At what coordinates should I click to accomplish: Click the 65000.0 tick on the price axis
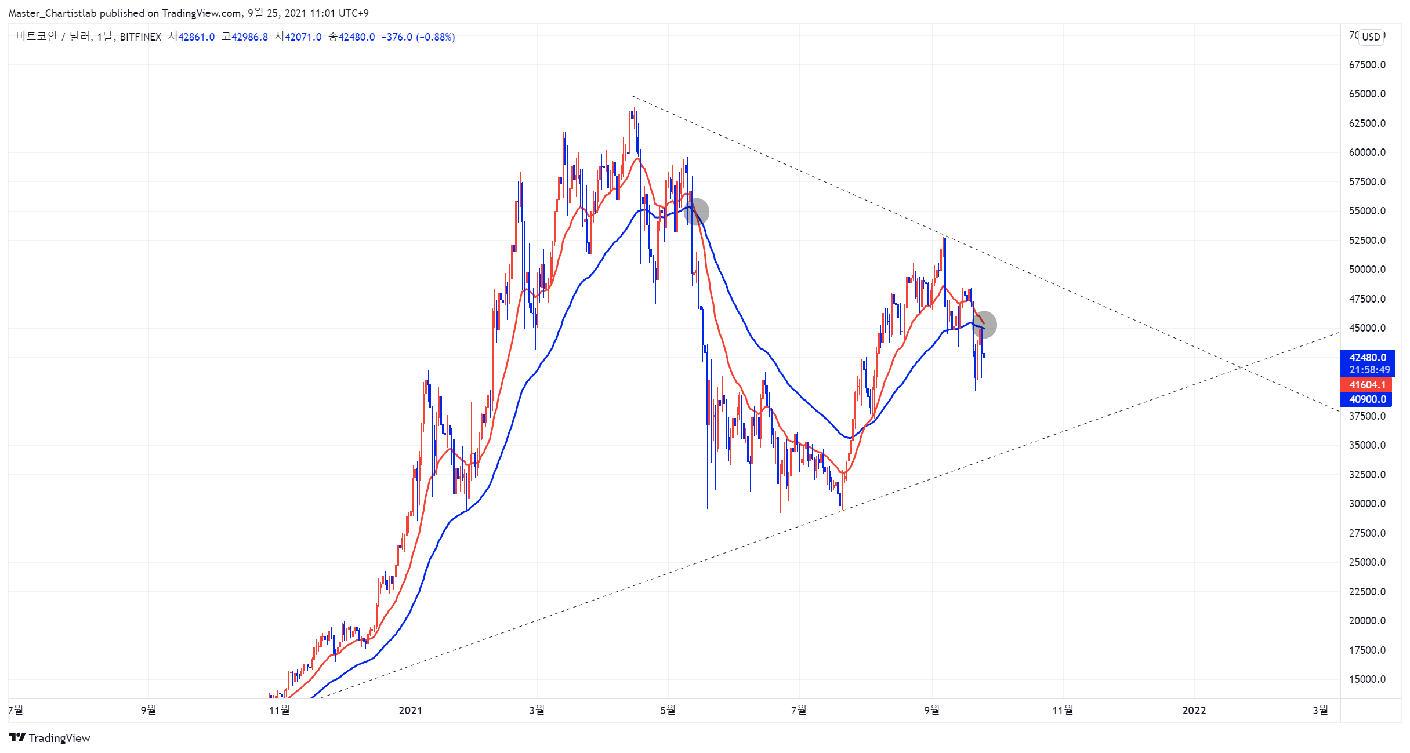tap(1367, 94)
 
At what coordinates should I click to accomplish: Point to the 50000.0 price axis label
tap(1367, 270)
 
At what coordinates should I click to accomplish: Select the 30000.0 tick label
tap(1367, 504)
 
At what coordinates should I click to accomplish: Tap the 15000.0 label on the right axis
tap(1367, 679)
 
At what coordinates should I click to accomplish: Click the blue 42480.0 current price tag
tap(1368, 358)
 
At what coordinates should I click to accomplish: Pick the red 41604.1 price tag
tap(1366, 385)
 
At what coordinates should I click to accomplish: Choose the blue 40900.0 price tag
tap(1366, 399)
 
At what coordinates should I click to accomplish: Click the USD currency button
tap(1371, 37)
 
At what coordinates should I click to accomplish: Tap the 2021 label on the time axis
tap(411, 710)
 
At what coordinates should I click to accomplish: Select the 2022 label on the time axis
tap(1194, 710)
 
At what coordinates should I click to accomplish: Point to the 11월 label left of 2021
tap(280, 710)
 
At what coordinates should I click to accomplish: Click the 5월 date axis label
tap(668, 710)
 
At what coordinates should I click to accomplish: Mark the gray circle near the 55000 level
tap(696, 212)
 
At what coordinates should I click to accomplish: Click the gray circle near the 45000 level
tap(984, 325)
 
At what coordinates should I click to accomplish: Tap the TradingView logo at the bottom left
tap(50, 738)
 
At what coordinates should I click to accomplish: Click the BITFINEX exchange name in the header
tap(140, 37)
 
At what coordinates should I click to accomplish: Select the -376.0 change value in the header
tap(397, 37)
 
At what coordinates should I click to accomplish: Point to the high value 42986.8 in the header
tap(249, 37)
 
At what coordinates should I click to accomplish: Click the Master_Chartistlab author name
tap(53, 13)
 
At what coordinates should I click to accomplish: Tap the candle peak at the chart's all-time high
tap(632, 96)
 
